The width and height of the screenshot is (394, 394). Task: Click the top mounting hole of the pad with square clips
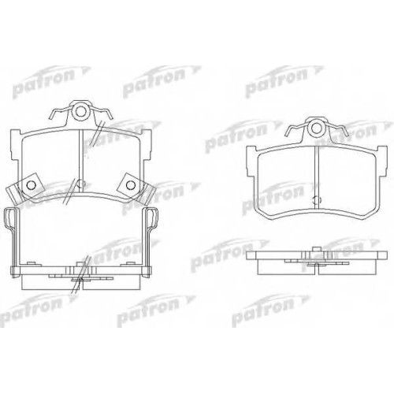point(81,112)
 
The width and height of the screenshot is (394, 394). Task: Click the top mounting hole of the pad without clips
point(317,128)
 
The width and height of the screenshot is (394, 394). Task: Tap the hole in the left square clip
point(32,185)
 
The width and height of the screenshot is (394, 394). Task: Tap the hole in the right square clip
point(130,184)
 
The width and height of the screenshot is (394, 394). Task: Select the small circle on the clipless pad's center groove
point(317,200)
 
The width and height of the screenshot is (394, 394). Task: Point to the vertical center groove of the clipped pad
point(81,161)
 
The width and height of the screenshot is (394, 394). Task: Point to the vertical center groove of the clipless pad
point(317,178)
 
